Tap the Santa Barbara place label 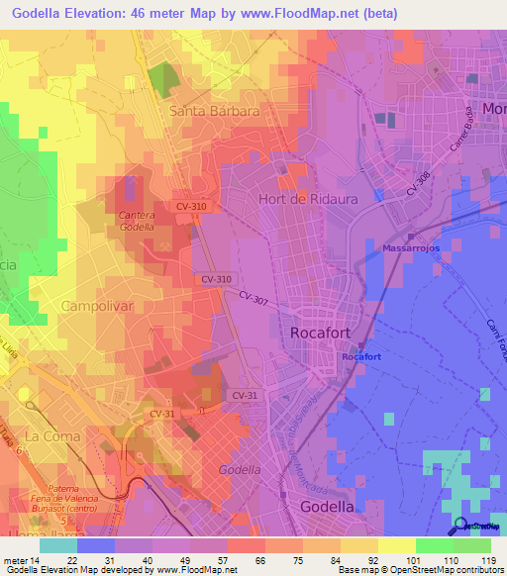(214, 111)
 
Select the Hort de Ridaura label (306, 198)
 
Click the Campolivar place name (97, 307)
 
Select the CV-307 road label (253, 297)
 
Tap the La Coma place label (47, 435)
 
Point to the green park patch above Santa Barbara (159, 79)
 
